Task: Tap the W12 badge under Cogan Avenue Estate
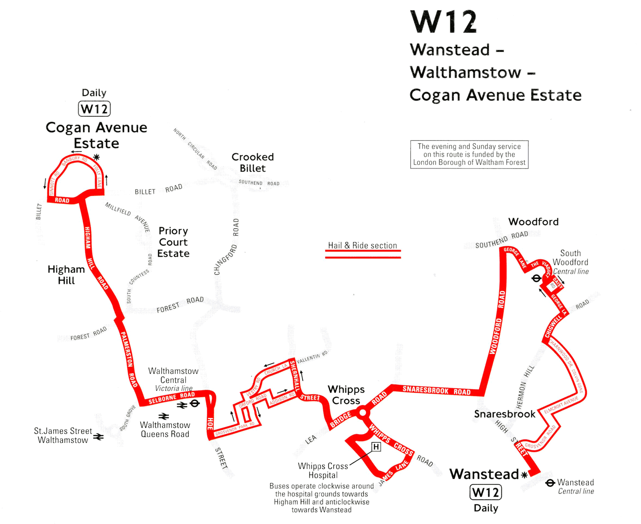coord(94,109)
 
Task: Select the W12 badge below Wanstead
coord(486,492)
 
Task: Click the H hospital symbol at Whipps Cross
coord(376,447)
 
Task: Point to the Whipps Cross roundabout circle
coord(363,412)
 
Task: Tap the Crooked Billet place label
coord(253,163)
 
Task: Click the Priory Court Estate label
coord(173,242)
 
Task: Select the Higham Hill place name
coord(66,275)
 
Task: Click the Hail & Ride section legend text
coord(363,245)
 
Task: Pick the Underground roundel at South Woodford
coord(536,278)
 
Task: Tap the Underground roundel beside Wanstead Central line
coord(550,483)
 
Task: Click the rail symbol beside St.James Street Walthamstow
coord(99,436)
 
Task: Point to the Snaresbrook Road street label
coord(436,390)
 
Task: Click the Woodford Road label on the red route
coord(497,323)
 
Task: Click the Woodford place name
coord(533,222)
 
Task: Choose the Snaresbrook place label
coord(504,414)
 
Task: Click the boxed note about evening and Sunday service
coord(469,155)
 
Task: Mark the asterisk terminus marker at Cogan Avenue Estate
coord(97,157)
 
